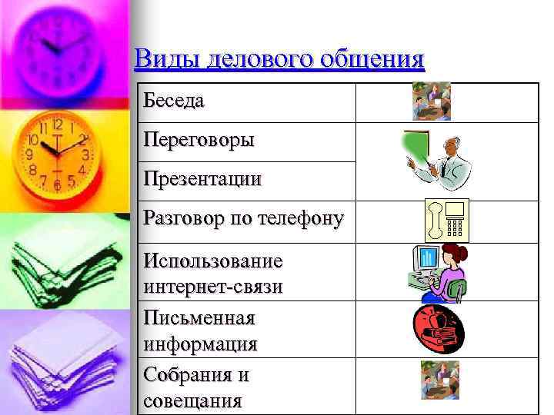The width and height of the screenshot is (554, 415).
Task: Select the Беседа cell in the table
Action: click(174, 101)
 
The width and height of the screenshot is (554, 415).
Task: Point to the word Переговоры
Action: click(199, 141)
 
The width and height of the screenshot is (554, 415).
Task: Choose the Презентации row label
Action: click(202, 180)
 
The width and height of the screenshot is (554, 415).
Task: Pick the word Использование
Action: click(213, 261)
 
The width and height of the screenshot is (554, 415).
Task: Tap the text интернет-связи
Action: click(213, 286)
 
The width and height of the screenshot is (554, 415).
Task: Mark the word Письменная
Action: click(199, 317)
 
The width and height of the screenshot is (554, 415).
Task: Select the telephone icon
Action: click(446, 221)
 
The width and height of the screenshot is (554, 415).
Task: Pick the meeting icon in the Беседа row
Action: click(431, 101)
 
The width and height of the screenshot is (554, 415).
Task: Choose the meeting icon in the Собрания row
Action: click(439, 380)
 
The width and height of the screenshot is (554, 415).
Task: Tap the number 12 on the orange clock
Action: click(57, 125)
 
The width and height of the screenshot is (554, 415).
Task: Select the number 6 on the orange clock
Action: click(57, 184)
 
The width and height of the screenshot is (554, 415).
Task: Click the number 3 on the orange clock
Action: click(86, 154)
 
